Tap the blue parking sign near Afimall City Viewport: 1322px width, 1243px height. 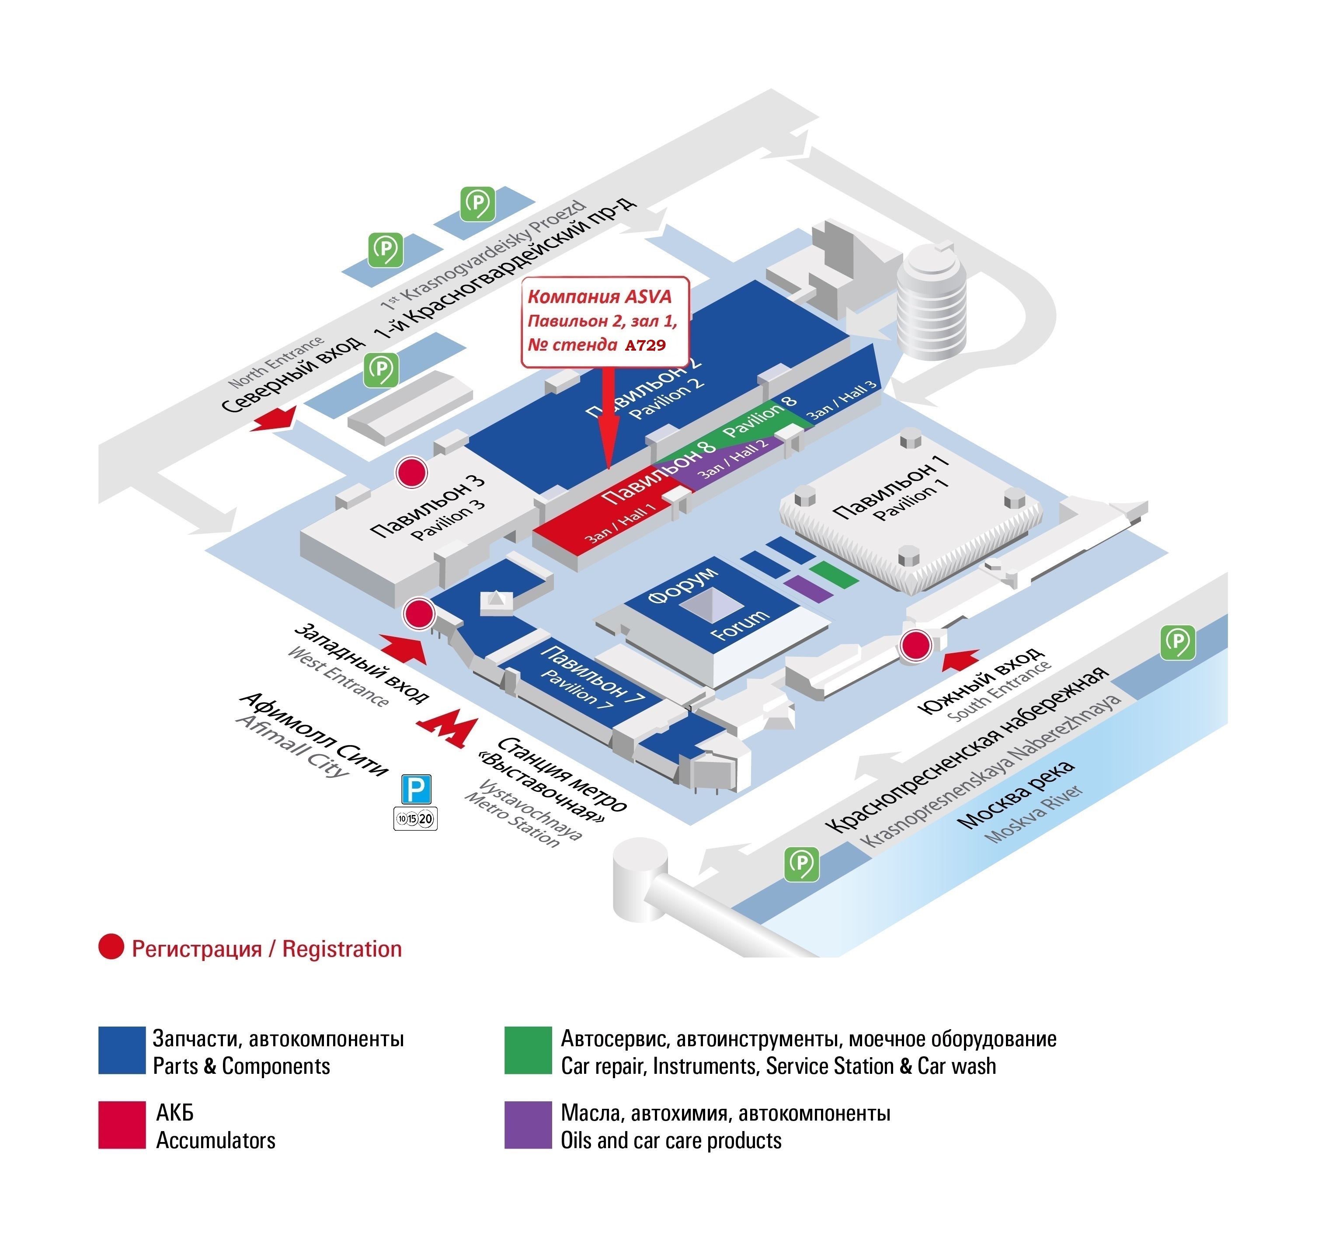pyautogui.click(x=416, y=790)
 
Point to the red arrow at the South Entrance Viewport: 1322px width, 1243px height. pyautogui.click(x=960, y=659)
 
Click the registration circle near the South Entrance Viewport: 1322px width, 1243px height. pyautogui.click(x=915, y=645)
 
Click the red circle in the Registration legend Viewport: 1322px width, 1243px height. pyautogui.click(x=111, y=947)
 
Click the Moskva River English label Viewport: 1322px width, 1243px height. pyautogui.click(x=1033, y=814)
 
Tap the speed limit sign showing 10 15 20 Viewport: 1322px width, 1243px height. pyautogui.click(x=416, y=819)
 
